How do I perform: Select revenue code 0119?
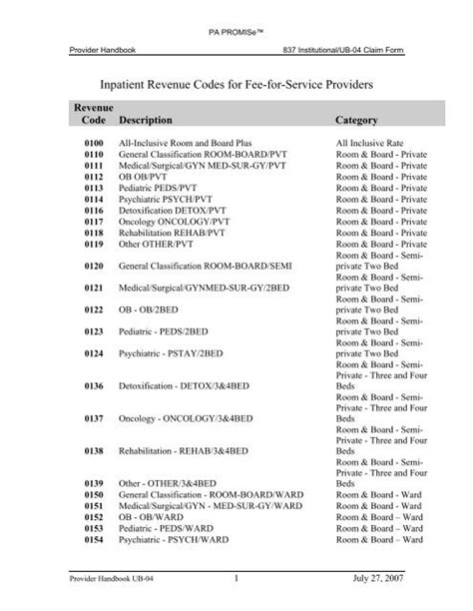[x=90, y=243]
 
